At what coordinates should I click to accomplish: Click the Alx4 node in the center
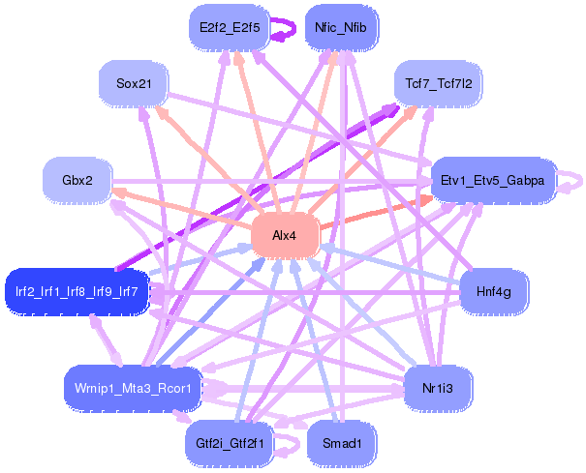285,236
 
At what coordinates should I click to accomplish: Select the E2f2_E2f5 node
230,28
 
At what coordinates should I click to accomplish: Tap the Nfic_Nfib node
340,28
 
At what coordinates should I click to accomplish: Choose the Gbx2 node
77,181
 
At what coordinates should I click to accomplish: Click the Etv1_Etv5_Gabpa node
492,181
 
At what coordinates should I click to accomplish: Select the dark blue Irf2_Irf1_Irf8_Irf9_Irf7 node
77,290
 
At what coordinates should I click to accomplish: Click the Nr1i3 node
438,388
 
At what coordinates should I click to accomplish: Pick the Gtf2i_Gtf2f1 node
230,444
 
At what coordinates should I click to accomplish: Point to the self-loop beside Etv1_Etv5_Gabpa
574,181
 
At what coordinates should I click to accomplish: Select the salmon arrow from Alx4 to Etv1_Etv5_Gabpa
378,212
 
